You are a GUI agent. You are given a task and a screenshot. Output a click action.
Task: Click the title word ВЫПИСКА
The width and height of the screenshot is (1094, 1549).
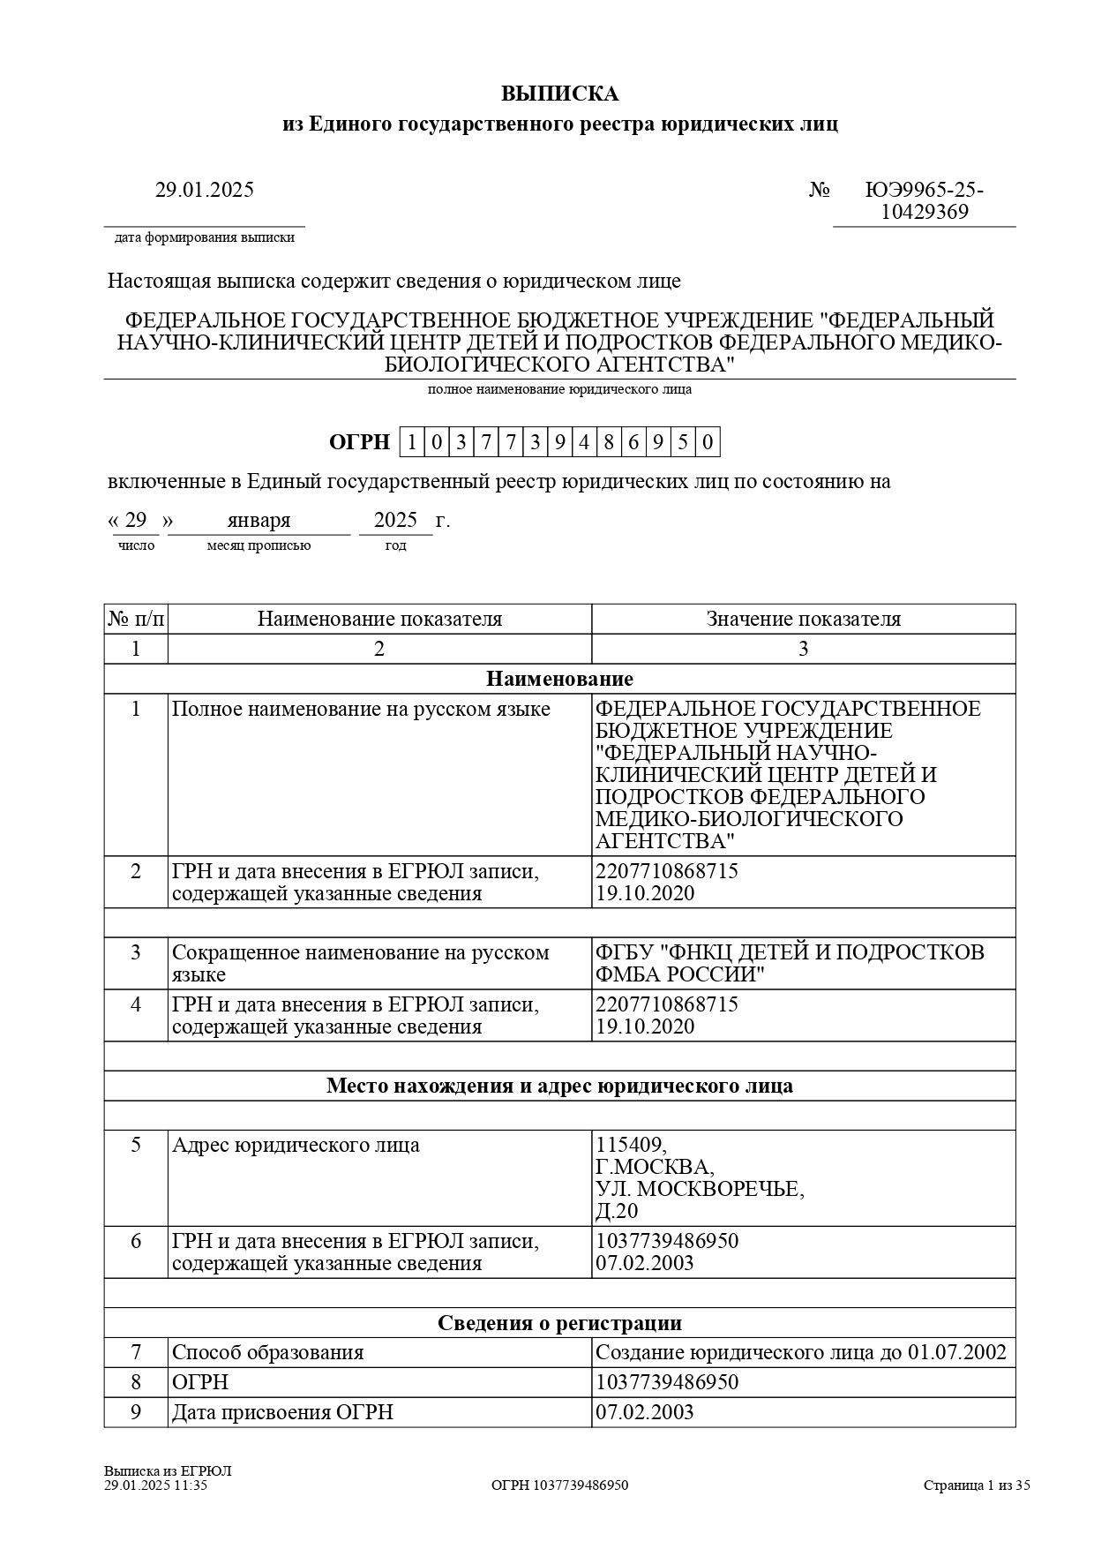point(559,94)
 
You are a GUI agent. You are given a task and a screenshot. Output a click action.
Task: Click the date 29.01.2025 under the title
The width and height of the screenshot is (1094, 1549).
point(205,190)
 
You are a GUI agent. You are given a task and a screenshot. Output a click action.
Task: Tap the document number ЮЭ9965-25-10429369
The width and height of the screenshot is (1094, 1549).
point(924,201)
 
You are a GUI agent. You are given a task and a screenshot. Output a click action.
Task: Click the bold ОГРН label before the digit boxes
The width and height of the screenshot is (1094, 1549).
point(359,442)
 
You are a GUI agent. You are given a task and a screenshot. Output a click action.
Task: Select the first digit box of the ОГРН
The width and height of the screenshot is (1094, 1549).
point(411,442)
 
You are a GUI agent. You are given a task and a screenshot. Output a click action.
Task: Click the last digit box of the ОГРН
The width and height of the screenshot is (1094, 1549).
point(708,442)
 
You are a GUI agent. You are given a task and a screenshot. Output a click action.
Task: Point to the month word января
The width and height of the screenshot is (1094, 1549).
point(259,520)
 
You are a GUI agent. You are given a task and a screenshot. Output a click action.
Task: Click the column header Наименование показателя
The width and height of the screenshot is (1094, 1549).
point(379,619)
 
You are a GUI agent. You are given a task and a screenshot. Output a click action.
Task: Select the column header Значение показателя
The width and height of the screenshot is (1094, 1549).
point(803,619)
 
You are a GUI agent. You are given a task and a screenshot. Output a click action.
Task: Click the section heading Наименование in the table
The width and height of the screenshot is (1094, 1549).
point(559,679)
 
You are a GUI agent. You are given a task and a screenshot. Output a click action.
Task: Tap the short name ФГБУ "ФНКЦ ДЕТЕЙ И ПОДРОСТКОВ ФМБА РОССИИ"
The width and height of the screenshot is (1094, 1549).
point(790,963)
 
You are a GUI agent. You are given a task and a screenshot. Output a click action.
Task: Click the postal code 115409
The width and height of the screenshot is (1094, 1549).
point(631,1146)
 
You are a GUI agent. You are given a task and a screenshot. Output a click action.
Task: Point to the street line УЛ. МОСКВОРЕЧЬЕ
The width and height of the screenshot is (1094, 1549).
point(700,1189)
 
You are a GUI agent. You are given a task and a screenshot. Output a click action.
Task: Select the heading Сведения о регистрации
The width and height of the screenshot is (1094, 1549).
point(559,1323)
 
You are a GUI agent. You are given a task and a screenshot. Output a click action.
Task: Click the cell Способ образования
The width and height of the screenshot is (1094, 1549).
point(268,1352)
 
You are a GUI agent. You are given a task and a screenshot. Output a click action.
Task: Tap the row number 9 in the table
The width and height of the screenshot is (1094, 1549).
point(136,1412)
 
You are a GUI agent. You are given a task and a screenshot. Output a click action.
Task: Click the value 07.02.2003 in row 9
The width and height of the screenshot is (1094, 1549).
point(645,1412)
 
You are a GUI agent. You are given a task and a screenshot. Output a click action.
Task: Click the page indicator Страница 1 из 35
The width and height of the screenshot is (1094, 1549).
point(977,1485)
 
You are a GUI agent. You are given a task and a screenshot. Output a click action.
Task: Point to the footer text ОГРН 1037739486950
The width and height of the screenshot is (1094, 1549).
point(559,1485)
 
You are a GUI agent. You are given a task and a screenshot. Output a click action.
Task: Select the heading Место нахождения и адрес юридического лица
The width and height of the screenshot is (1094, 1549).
point(559,1086)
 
